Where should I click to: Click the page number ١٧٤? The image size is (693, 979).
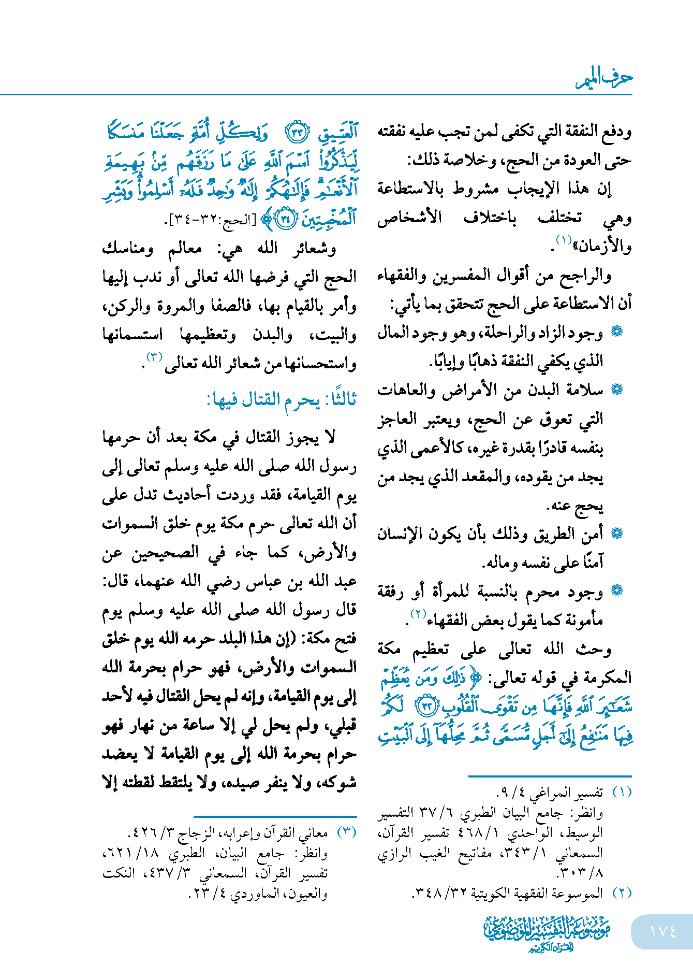[x=662, y=931]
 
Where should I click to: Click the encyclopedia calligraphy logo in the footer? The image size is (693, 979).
[x=547, y=932]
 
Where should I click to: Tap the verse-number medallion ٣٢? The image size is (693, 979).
[x=429, y=706]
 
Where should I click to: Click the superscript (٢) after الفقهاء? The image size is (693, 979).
[x=418, y=614]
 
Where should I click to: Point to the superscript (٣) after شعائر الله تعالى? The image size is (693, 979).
[x=155, y=357]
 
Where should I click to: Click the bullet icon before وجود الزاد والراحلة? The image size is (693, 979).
[x=617, y=332]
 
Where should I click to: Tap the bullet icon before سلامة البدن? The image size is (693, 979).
[x=617, y=390]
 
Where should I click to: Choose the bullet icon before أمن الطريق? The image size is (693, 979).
[x=617, y=533]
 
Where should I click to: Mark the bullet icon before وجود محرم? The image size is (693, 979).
[x=617, y=591]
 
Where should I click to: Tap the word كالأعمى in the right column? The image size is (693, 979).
[x=439, y=448]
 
